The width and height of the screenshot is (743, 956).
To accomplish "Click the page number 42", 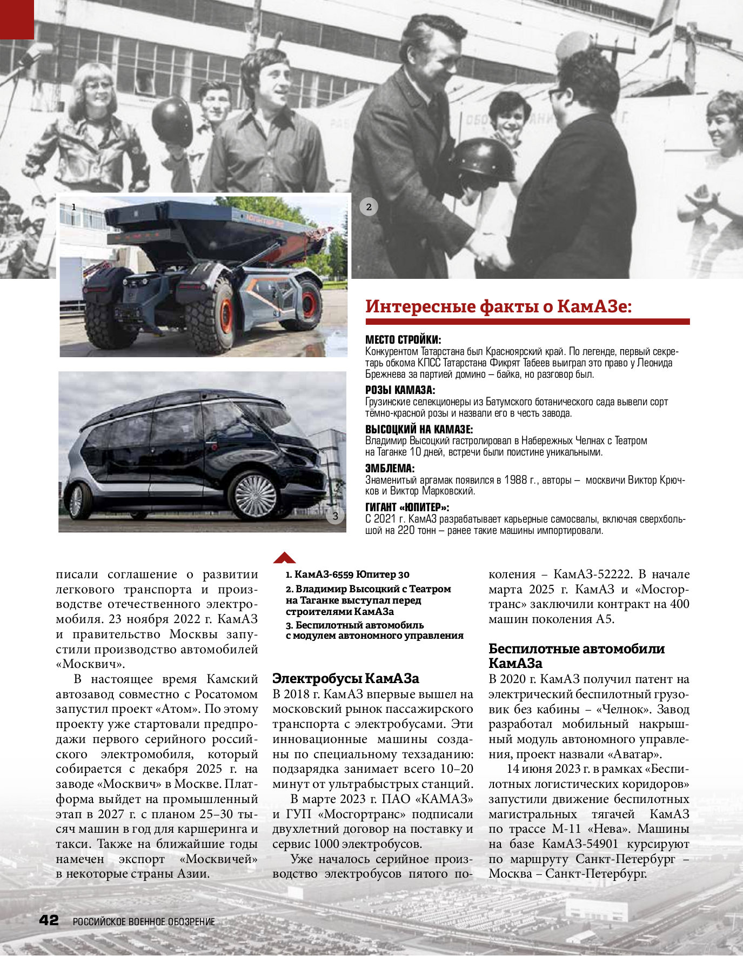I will pos(49,920).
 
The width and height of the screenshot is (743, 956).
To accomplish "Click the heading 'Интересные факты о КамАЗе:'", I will pos(498,306).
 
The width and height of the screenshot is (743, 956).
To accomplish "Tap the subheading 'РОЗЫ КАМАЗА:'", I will pos(400,390).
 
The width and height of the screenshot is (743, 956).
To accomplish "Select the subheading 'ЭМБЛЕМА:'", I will pos(390,468).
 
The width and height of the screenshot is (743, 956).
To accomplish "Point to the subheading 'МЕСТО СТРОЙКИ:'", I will pos(403,340).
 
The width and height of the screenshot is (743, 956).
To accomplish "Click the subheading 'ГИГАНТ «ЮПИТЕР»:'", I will pos(407,507).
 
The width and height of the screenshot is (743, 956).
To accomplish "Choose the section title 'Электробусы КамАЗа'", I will pos(345,678).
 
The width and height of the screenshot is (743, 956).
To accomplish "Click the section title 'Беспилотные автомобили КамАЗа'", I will pos(576,656).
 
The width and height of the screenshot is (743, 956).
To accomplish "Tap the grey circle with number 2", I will pos(369,206).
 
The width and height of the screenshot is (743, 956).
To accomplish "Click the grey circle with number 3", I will pos(335,516).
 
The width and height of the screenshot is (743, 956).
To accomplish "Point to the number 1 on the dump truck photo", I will pos(74,207).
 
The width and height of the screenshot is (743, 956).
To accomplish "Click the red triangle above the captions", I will pos(285,558).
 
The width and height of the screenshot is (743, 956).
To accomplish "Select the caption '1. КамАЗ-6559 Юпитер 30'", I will pos(347,574).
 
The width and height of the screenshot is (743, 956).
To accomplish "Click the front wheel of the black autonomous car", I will pos(255,496).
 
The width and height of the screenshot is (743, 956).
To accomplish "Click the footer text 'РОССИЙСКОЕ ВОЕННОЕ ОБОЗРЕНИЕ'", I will pos(144,922).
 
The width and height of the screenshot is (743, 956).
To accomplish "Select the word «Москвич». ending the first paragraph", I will pos(90,664).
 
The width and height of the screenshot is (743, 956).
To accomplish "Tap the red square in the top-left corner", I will pos(17,19).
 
